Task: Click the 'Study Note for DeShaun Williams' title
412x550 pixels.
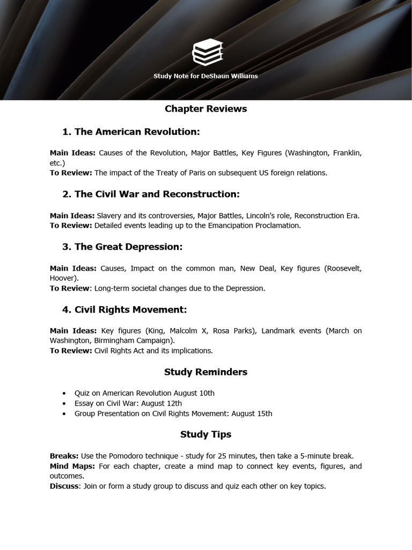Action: point(205,76)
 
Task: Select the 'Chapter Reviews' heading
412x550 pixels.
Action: point(205,109)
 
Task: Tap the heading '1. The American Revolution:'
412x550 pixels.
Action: point(131,132)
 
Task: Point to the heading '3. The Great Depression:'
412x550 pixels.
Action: point(122,247)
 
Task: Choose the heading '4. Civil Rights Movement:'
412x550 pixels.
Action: point(124,310)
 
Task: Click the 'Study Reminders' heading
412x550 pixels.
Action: point(205,372)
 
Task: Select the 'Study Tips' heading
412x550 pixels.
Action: point(205,435)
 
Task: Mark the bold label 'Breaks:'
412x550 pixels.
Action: point(64,456)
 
